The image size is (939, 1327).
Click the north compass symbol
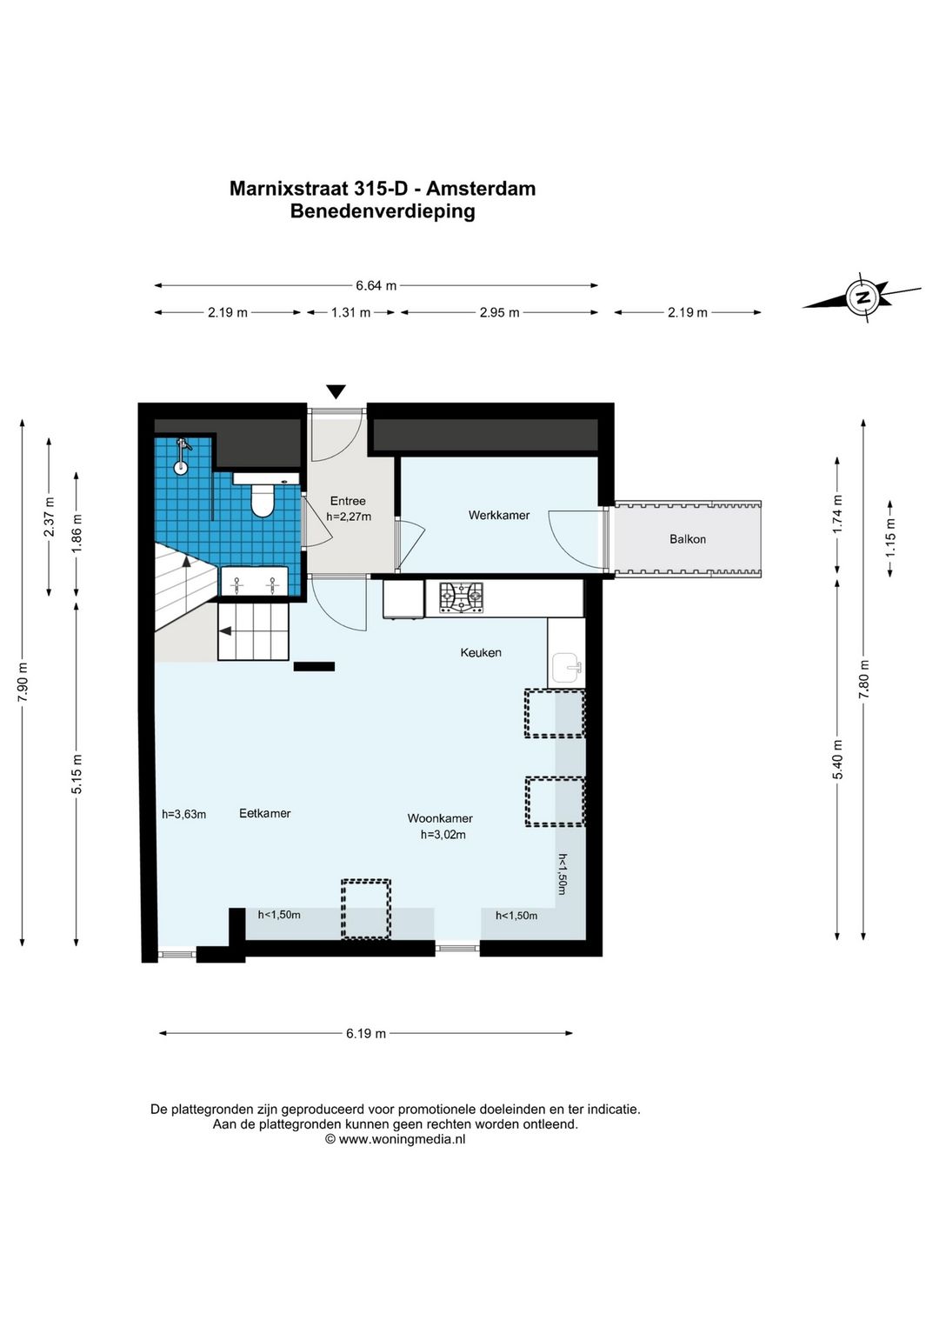(862, 297)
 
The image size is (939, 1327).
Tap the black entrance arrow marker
(336, 391)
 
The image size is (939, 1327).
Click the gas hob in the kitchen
(462, 597)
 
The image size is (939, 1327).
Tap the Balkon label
(688, 539)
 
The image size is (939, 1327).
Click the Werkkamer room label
(499, 515)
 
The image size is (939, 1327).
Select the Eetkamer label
(265, 813)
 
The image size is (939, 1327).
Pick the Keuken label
(481, 652)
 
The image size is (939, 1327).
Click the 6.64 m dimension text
(376, 285)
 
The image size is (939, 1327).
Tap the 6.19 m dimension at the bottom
(366, 1033)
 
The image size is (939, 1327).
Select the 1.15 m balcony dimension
(889, 537)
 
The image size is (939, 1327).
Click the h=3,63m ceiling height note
(184, 814)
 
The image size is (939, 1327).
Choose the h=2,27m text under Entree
(349, 516)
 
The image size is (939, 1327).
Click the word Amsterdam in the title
(481, 189)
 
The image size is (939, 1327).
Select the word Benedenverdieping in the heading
(383, 211)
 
